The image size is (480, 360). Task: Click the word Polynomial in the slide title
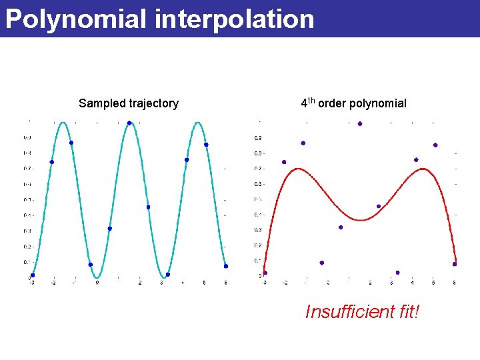[x=75, y=19]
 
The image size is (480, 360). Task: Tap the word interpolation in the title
[x=234, y=19]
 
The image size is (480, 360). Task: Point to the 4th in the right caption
[x=308, y=103]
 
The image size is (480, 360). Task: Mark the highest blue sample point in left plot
[x=129, y=123]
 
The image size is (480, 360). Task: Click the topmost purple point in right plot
[x=360, y=123]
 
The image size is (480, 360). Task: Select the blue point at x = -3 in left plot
[x=32, y=275]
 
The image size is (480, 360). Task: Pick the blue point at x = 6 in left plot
[x=226, y=266]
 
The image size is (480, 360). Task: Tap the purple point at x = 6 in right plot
[x=455, y=264]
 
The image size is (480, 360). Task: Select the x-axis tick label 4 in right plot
[x=412, y=283]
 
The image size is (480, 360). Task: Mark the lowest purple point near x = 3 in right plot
[x=397, y=272]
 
